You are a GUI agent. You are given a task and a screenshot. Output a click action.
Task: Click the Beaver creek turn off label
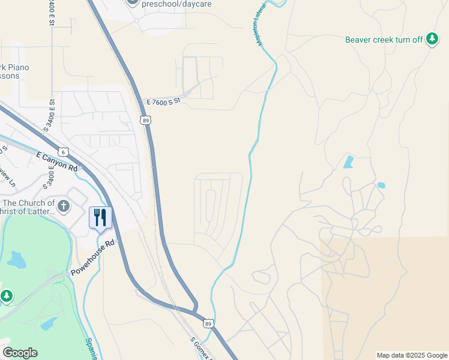tap(384, 40)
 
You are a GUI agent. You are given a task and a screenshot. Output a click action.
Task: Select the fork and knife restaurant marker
tap(100, 217)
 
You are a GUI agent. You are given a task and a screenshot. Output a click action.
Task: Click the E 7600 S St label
tap(163, 103)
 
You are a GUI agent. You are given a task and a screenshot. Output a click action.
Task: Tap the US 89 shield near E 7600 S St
tap(146, 120)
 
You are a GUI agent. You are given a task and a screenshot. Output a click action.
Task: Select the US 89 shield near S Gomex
tap(207, 323)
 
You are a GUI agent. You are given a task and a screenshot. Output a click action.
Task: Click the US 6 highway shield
tap(63, 151)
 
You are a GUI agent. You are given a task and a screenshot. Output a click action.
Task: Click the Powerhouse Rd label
tap(92, 259)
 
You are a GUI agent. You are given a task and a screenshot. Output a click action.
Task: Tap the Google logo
tap(20, 353)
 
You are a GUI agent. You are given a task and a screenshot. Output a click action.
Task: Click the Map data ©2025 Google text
tap(412, 355)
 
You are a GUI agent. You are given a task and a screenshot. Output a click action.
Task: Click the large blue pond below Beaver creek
tap(348, 161)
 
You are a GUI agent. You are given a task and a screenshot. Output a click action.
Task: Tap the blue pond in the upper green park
tap(17, 260)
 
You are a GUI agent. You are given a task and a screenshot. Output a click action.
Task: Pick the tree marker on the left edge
tap(6, 296)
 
